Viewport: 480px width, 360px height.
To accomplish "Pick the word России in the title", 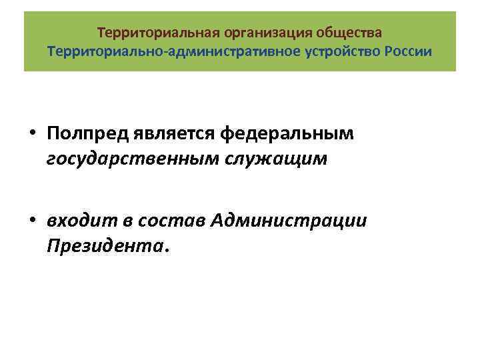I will click(x=408, y=52).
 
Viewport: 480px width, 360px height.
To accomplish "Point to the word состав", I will click(x=166, y=221).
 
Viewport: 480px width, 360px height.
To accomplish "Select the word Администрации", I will click(x=287, y=221).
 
